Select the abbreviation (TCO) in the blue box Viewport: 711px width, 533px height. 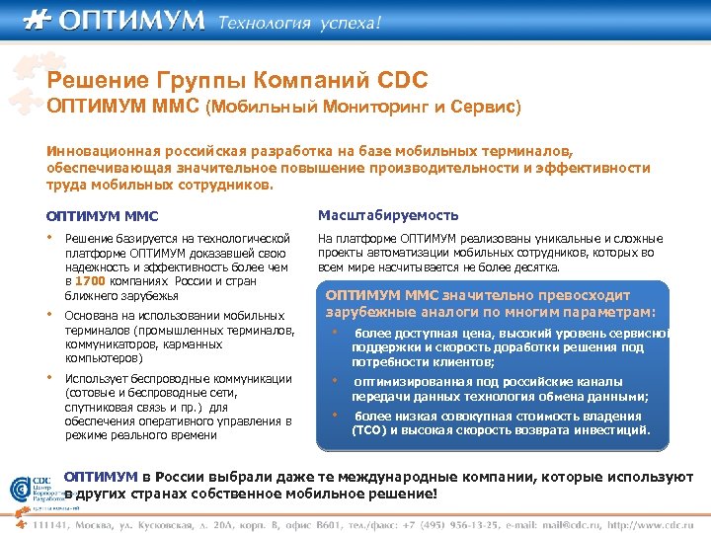click(x=372, y=430)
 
